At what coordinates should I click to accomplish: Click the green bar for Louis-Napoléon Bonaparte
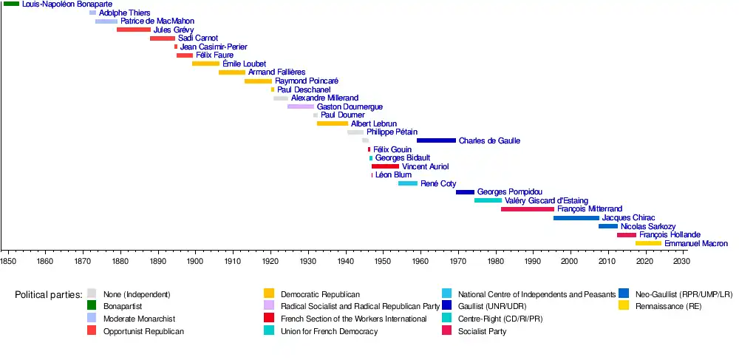(x=11, y=4)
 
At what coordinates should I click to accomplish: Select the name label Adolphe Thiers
(x=124, y=13)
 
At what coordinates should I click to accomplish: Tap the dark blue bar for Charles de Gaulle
(x=436, y=140)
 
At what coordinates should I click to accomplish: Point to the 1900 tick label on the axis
(x=195, y=261)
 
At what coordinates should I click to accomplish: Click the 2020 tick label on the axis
(x=645, y=261)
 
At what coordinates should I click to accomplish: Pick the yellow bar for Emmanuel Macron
(x=648, y=243)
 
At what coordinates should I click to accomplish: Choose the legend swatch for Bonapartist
(x=92, y=305)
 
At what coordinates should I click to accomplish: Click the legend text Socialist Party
(x=482, y=331)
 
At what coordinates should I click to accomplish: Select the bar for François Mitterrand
(x=527, y=209)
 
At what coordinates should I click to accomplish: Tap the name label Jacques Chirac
(x=627, y=218)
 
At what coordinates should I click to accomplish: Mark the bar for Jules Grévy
(x=133, y=30)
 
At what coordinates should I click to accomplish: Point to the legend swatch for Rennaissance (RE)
(x=624, y=305)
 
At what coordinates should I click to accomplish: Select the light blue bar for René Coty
(x=408, y=183)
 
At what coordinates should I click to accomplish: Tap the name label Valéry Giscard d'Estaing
(x=546, y=200)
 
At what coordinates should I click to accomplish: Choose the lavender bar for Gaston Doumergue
(x=301, y=106)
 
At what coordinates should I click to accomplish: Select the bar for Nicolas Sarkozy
(x=607, y=226)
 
